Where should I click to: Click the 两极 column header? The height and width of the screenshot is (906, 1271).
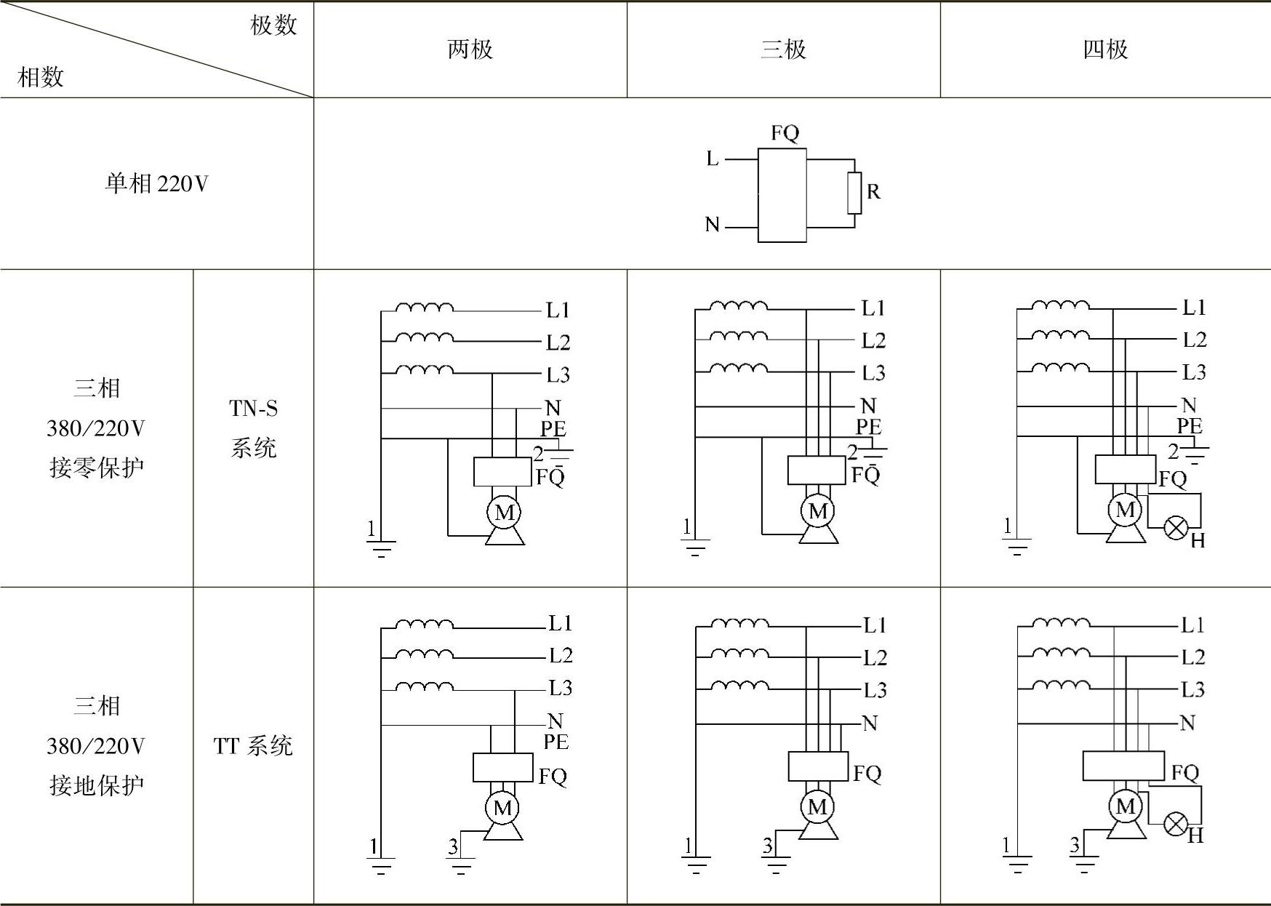(470, 49)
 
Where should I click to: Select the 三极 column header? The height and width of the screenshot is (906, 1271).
(783, 49)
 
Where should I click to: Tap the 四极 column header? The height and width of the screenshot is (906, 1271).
(1105, 49)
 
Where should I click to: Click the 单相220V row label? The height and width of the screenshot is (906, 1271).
(156, 183)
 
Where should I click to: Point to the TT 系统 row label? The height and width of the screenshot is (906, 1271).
(253, 745)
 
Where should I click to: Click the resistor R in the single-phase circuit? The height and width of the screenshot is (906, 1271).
(854, 193)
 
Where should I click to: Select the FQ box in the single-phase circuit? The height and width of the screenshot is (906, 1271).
(782, 195)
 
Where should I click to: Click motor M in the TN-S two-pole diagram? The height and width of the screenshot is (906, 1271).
(505, 512)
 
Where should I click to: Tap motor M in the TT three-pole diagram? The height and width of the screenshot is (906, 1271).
(817, 806)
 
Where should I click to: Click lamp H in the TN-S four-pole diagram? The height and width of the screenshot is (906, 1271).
(1176, 527)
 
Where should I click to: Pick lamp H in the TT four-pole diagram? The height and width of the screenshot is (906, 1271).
(1176, 824)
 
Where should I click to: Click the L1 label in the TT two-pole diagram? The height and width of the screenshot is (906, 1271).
(560, 623)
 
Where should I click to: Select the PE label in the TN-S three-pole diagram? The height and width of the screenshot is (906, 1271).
(868, 427)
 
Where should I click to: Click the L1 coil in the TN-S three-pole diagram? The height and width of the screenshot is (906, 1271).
(738, 305)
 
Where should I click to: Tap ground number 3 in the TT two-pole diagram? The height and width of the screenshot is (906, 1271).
(453, 846)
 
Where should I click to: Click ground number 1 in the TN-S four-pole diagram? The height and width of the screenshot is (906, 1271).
(1007, 526)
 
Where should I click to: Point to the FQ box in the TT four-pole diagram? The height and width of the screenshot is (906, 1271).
(1123, 766)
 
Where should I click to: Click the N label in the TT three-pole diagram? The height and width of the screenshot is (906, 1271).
(870, 723)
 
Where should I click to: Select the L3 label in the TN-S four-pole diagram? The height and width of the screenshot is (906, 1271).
(1194, 372)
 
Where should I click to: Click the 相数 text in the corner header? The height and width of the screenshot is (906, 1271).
(41, 77)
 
